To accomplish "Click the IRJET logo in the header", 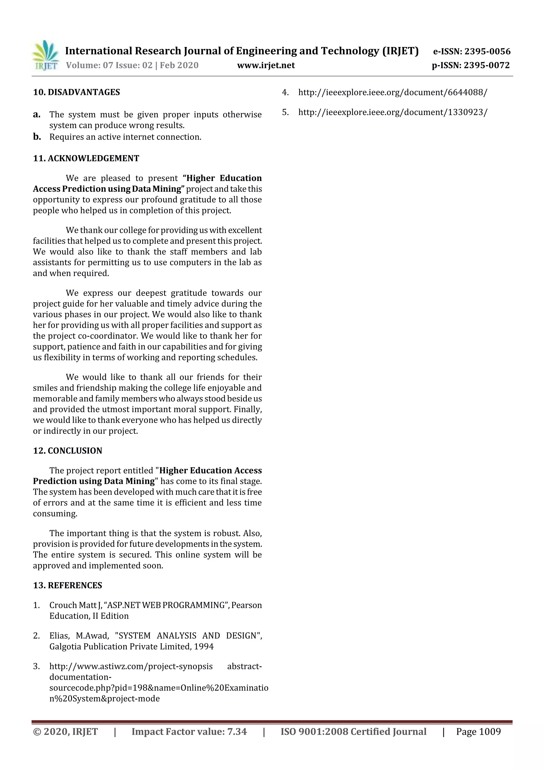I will pos(45,56).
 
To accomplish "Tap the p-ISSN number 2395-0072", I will pos(486,65).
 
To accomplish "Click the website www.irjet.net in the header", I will pos(266,65).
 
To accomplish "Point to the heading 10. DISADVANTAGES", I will pos(76,92).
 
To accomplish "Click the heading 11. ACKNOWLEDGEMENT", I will pos(86,158).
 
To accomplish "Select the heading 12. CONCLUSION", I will pos(67,451).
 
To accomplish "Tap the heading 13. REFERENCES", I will pos(67,585).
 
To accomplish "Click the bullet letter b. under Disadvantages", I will pos(37,137).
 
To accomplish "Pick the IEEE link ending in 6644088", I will pos(393,92).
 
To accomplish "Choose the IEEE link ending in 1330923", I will pos(393,112).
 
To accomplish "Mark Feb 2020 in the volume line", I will pos(179,65).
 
